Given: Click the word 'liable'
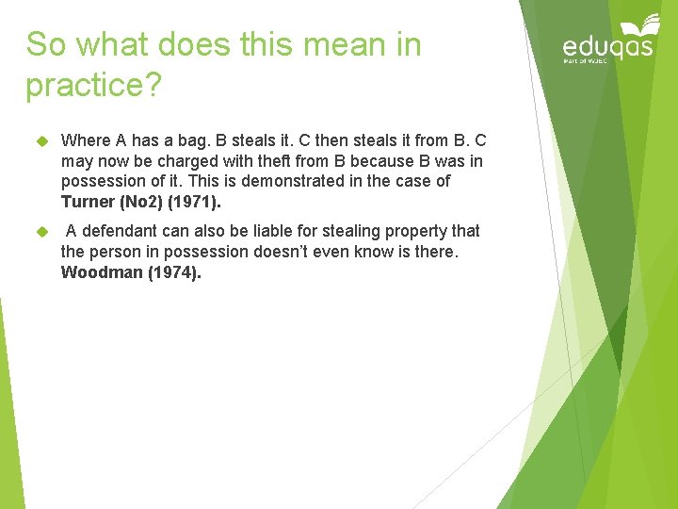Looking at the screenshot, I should pos(266,231).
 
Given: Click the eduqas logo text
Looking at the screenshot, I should pos(607,46).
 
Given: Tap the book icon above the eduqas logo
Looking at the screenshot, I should pos(640,24).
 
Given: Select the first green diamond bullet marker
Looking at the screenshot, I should pos(41,140).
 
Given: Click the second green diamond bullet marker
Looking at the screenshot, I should pos(41,231).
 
